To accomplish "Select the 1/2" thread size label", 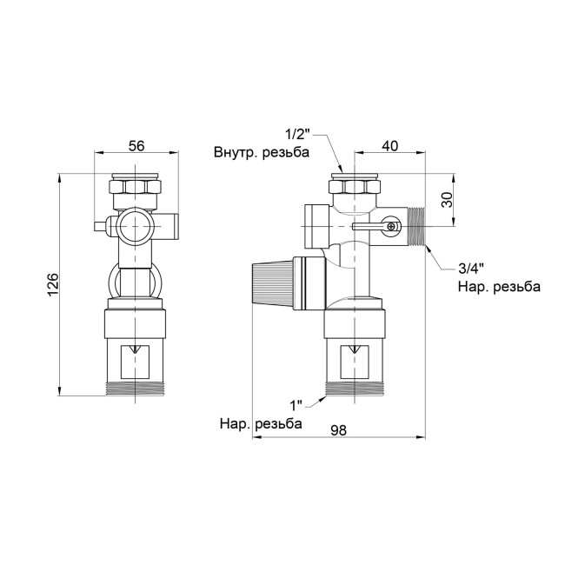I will (296, 135).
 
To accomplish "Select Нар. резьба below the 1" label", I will (261, 424).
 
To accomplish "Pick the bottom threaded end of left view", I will (136, 389).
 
